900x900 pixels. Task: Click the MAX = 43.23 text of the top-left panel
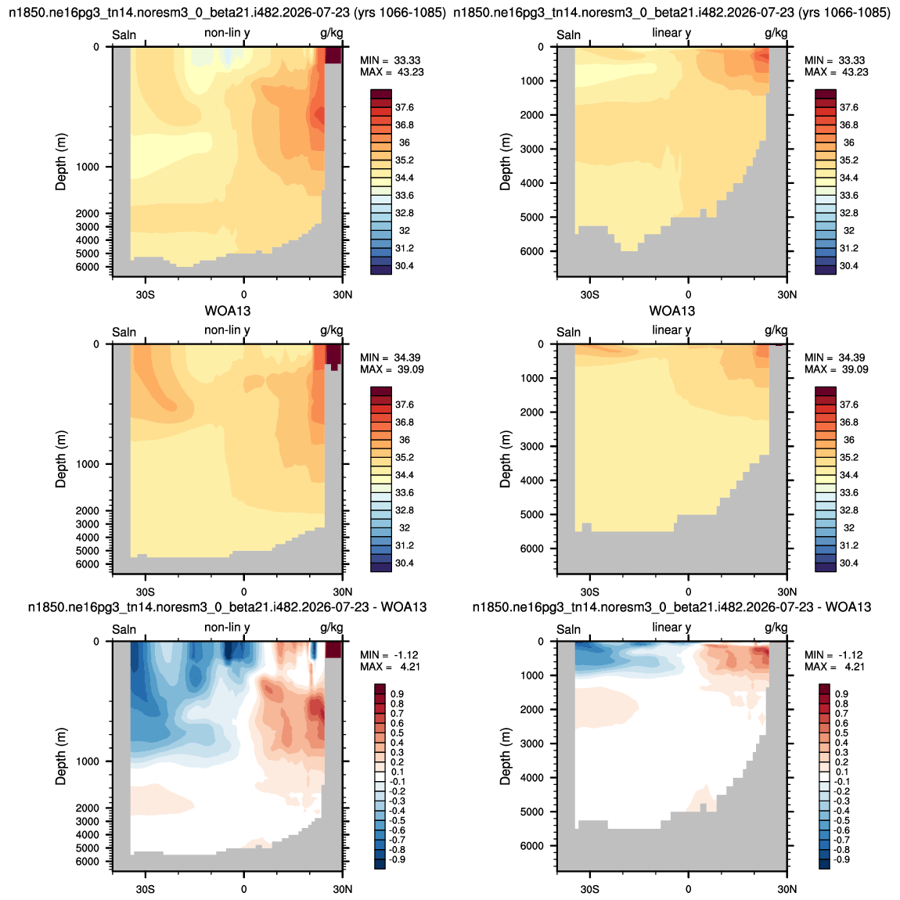click(x=392, y=72)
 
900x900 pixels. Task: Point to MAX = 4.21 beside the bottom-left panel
click(x=391, y=667)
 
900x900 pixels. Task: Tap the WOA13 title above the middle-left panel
click(x=228, y=311)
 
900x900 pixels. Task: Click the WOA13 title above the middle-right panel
click(x=672, y=311)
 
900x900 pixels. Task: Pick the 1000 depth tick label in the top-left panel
click(x=87, y=167)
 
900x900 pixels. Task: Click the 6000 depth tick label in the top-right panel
click(x=531, y=251)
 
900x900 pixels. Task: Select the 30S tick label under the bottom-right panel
click(x=589, y=889)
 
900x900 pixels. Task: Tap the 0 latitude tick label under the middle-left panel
click(x=244, y=592)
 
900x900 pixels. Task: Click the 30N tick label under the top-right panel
click(x=787, y=294)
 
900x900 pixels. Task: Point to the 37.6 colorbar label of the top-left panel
click(x=404, y=107)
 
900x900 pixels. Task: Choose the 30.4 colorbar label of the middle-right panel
click(x=848, y=563)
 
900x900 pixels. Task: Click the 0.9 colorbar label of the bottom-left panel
click(x=398, y=694)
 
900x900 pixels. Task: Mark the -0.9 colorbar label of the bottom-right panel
click(x=841, y=859)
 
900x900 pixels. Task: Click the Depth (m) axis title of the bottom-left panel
click(x=61, y=756)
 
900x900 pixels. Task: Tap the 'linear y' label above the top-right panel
click(x=671, y=33)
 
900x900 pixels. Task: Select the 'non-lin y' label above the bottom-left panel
click(x=227, y=628)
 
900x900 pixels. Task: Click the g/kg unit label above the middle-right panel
click(x=776, y=330)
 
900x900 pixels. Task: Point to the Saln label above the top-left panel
click(x=124, y=35)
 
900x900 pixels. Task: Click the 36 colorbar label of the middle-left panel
click(x=405, y=440)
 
